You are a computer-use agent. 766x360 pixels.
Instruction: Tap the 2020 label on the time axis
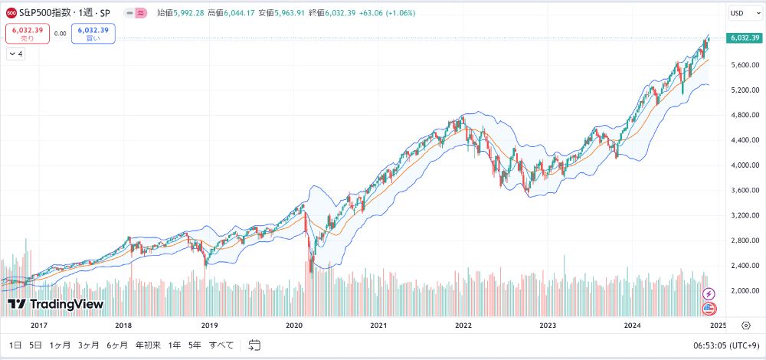point(294,326)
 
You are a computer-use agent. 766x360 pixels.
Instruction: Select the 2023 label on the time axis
point(548,326)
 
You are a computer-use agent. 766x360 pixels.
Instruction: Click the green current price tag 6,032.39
point(745,38)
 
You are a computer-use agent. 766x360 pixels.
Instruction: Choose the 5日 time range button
point(35,345)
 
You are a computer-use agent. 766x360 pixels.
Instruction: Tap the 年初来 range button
point(148,345)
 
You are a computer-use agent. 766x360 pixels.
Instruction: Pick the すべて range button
point(221,345)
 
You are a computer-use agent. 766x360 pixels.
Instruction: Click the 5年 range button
point(195,345)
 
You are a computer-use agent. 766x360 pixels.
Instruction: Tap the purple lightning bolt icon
point(709,293)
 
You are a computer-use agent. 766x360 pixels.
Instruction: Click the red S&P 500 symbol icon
point(11,13)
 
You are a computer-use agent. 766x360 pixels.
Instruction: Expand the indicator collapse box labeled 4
point(15,54)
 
